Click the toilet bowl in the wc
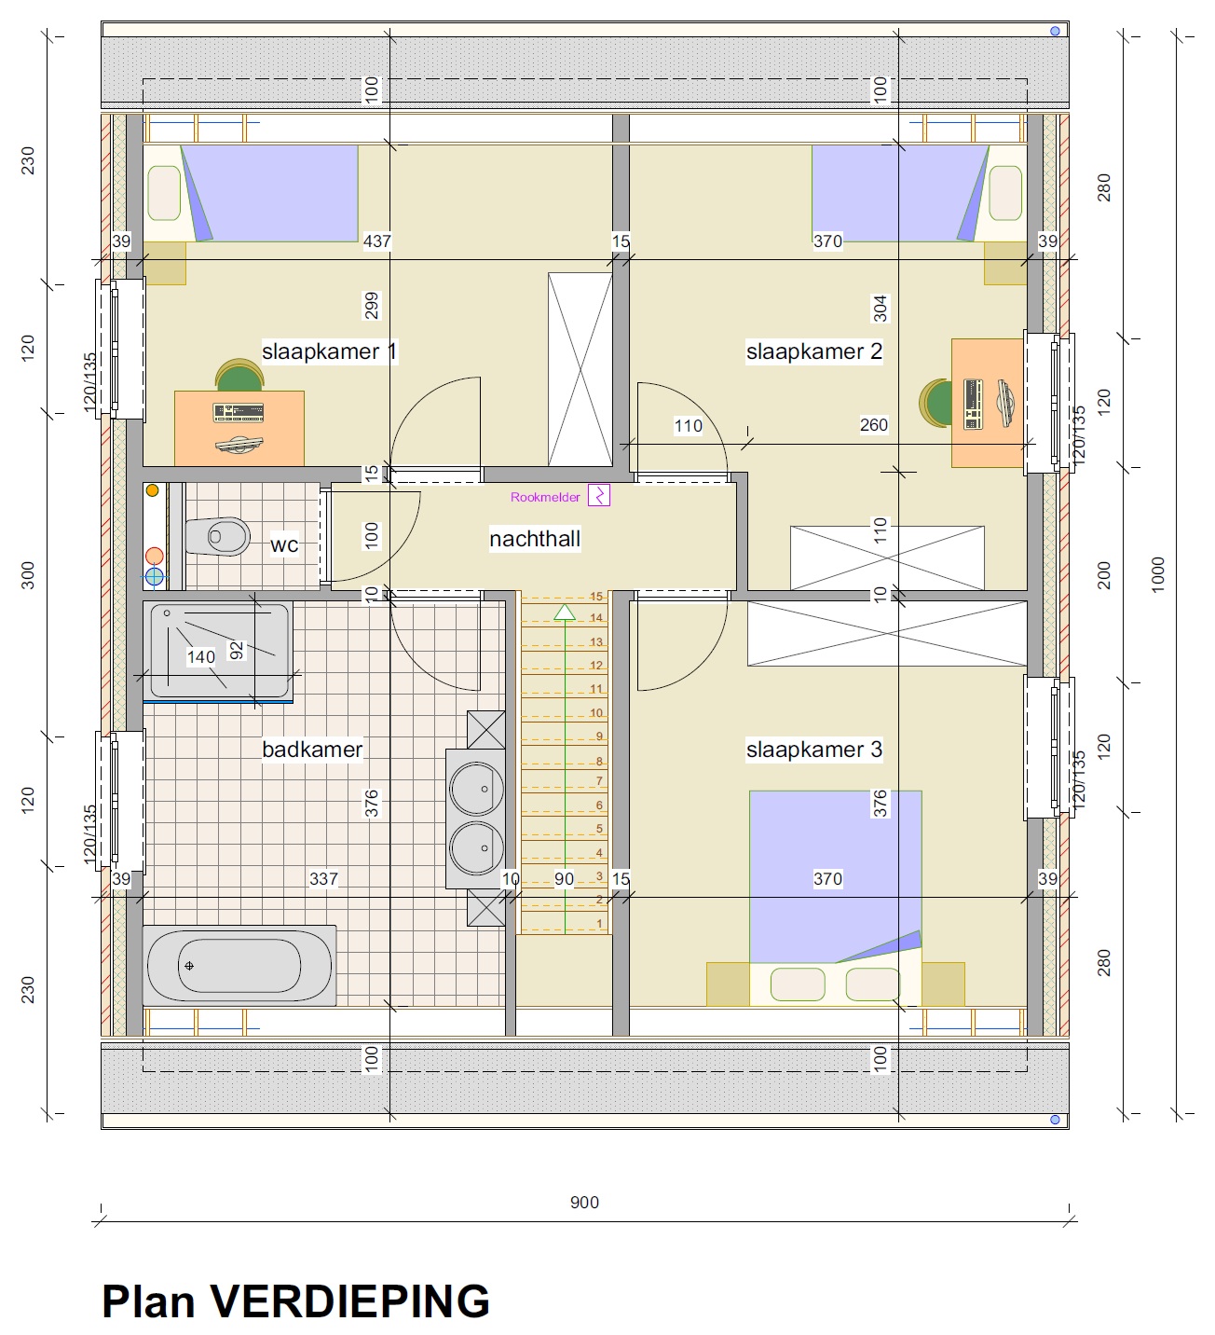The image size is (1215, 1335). pos(218,536)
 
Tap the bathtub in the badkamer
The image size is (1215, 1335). pos(239,965)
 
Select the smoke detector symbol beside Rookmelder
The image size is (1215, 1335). pos(599,495)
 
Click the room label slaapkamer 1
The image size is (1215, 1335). pos(329,351)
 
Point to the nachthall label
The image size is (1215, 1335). pos(535,539)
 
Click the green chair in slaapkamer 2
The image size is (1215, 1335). pos(935,403)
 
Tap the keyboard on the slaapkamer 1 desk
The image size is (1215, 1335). pos(239,413)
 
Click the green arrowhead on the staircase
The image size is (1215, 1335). pos(565,612)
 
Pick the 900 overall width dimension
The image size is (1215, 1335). pos(584,1202)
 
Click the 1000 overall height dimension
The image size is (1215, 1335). pos(1158,574)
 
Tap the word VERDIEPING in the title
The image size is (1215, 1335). pos(350,1301)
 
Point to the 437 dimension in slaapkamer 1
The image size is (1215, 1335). pos(377,241)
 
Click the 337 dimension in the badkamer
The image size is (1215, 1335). pos(323,878)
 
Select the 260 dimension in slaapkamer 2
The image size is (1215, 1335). pos(874,424)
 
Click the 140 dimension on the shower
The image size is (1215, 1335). pos(201,657)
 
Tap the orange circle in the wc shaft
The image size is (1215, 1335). pos(153,490)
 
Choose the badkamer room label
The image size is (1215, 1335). pos(312,750)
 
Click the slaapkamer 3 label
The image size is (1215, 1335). pos(814,750)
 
